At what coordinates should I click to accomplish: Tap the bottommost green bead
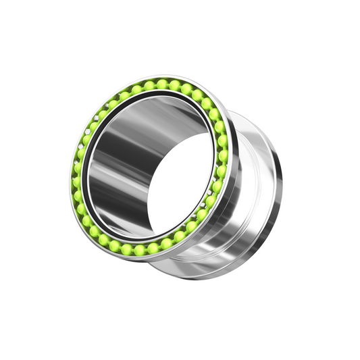pyautogui.click(x=139, y=250)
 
